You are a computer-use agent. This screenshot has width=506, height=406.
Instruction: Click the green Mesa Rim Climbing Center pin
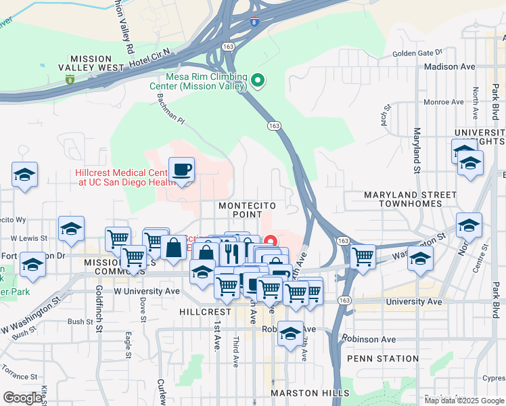point(257,82)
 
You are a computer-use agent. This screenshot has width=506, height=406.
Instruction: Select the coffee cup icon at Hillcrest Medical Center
point(181,169)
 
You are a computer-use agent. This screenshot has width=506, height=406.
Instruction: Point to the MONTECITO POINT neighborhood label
point(240,209)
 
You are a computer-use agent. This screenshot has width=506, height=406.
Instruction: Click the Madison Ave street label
point(450,67)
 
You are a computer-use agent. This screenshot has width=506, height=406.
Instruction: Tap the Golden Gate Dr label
point(417,52)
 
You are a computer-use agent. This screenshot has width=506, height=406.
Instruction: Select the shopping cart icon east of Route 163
point(363,257)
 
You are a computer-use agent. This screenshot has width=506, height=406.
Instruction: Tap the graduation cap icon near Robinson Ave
point(292,334)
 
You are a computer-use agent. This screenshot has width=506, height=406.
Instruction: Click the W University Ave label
point(147,291)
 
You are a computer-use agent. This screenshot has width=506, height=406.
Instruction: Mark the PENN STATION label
point(382,359)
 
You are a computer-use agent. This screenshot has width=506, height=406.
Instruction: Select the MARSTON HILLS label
point(310,393)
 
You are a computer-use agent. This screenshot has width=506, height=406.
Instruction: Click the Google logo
point(22,398)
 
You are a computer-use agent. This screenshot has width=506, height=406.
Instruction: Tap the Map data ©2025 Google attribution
point(464,401)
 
